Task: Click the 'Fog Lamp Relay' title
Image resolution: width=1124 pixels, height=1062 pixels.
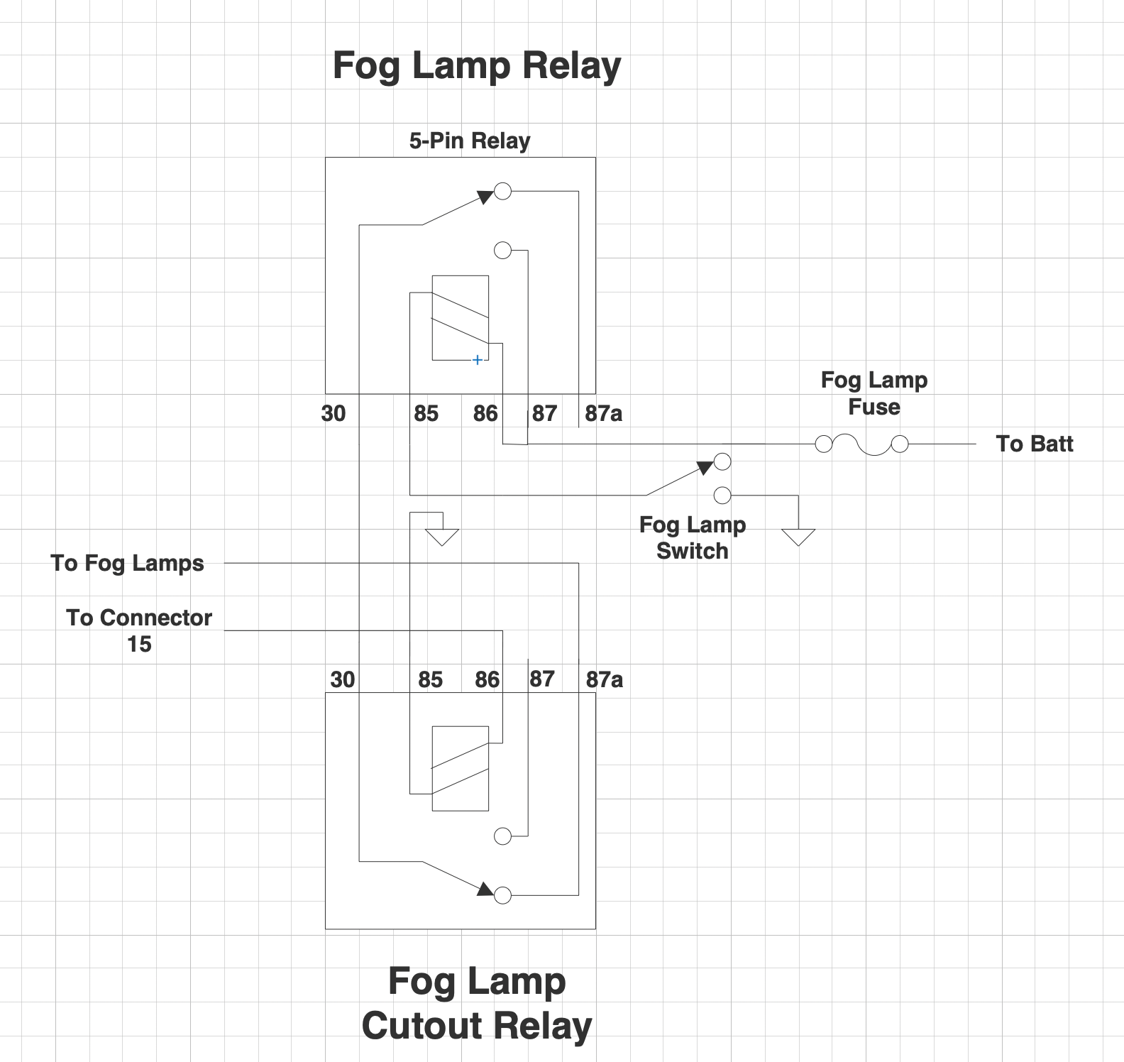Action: pyautogui.click(x=477, y=66)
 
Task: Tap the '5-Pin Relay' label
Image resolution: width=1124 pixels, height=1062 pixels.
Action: pyautogui.click(x=470, y=141)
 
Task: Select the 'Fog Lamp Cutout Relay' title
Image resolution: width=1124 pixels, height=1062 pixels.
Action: pyautogui.click(x=477, y=1003)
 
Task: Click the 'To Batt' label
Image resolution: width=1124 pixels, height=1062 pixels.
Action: pyautogui.click(x=1034, y=444)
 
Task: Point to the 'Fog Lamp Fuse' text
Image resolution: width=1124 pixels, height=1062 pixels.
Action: pyautogui.click(x=874, y=393)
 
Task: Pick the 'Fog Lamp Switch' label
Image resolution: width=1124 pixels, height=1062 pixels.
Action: pyautogui.click(x=693, y=537)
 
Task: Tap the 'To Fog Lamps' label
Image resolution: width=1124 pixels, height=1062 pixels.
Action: pyautogui.click(x=128, y=563)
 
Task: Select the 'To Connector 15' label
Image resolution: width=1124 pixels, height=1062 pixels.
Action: pyautogui.click(x=139, y=630)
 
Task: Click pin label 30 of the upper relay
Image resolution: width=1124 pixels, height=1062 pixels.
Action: pyautogui.click(x=334, y=413)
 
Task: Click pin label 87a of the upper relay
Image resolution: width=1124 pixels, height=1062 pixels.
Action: pyautogui.click(x=603, y=413)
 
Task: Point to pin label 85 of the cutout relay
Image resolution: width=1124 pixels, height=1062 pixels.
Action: pyautogui.click(x=430, y=679)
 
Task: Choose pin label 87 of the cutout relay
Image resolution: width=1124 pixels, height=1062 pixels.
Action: pyautogui.click(x=542, y=679)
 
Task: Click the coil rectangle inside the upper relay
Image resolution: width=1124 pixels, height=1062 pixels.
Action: pyautogui.click(x=460, y=317)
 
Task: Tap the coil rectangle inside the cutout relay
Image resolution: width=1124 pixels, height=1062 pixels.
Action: pyautogui.click(x=460, y=768)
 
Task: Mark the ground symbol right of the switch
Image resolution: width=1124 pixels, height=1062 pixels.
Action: pyautogui.click(x=798, y=536)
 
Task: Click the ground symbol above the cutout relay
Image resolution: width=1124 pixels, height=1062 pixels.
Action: pyautogui.click(x=441, y=536)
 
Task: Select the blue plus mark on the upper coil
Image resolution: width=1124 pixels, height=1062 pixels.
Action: pyautogui.click(x=478, y=360)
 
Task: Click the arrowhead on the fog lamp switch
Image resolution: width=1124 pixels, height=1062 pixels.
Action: pyautogui.click(x=704, y=467)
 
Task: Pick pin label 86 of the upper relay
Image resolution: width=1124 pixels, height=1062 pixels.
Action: pyautogui.click(x=485, y=413)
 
